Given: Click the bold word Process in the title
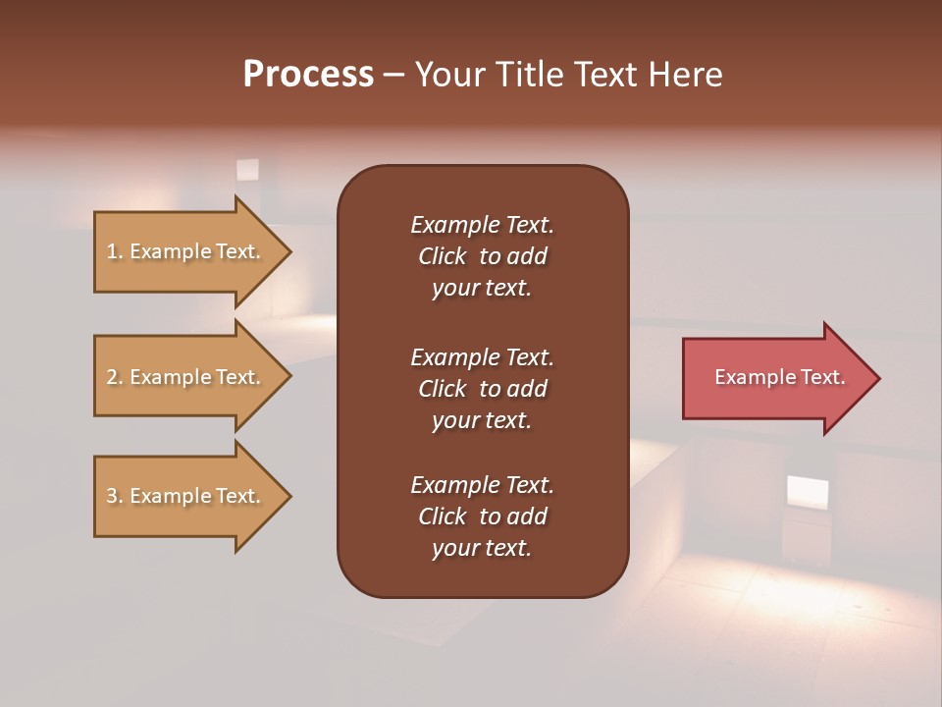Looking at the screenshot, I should [308, 75].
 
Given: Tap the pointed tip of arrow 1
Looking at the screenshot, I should [288, 251].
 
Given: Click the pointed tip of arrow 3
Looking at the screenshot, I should [288, 496].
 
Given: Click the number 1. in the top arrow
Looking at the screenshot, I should [115, 251].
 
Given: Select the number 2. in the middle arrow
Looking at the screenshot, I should [115, 377].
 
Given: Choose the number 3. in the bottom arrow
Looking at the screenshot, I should [115, 496].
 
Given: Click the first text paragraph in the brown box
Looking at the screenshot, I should [482, 256].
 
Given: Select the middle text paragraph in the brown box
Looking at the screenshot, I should [482, 388].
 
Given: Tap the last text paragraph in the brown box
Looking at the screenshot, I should [482, 517].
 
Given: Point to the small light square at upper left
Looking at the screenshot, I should [247, 170].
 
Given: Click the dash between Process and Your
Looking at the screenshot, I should [393, 75].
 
